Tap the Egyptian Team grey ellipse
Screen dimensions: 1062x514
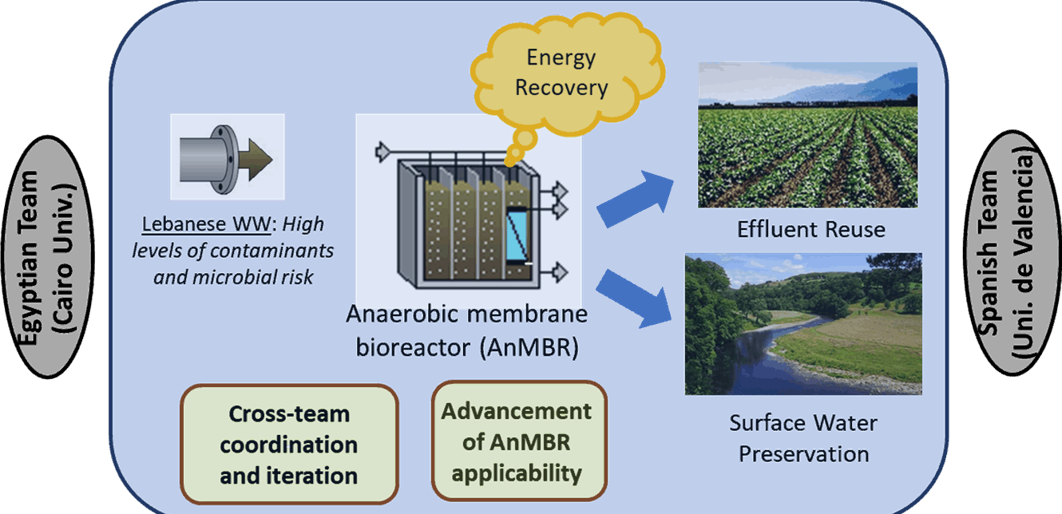(x=47, y=257)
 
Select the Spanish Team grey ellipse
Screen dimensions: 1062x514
(x=1012, y=253)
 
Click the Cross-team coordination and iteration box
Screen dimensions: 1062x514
(x=289, y=445)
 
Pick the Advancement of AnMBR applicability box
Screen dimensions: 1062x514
(x=519, y=441)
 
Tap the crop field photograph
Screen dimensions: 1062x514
(x=808, y=135)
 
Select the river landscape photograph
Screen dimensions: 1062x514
(x=803, y=323)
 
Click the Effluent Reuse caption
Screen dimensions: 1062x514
(x=811, y=230)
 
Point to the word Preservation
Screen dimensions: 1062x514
(x=804, y=454)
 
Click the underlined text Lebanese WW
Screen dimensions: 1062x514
(x=206, y=224)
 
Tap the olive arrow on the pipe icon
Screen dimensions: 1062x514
(x=256, y=159)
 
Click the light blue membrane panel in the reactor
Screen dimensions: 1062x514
(x=517, y=235)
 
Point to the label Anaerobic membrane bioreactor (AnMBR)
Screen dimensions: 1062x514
(x=467, y=330)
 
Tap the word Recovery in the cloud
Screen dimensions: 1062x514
(x=561, y=88)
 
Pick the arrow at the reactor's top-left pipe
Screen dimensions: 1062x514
(x=383, y=152)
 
